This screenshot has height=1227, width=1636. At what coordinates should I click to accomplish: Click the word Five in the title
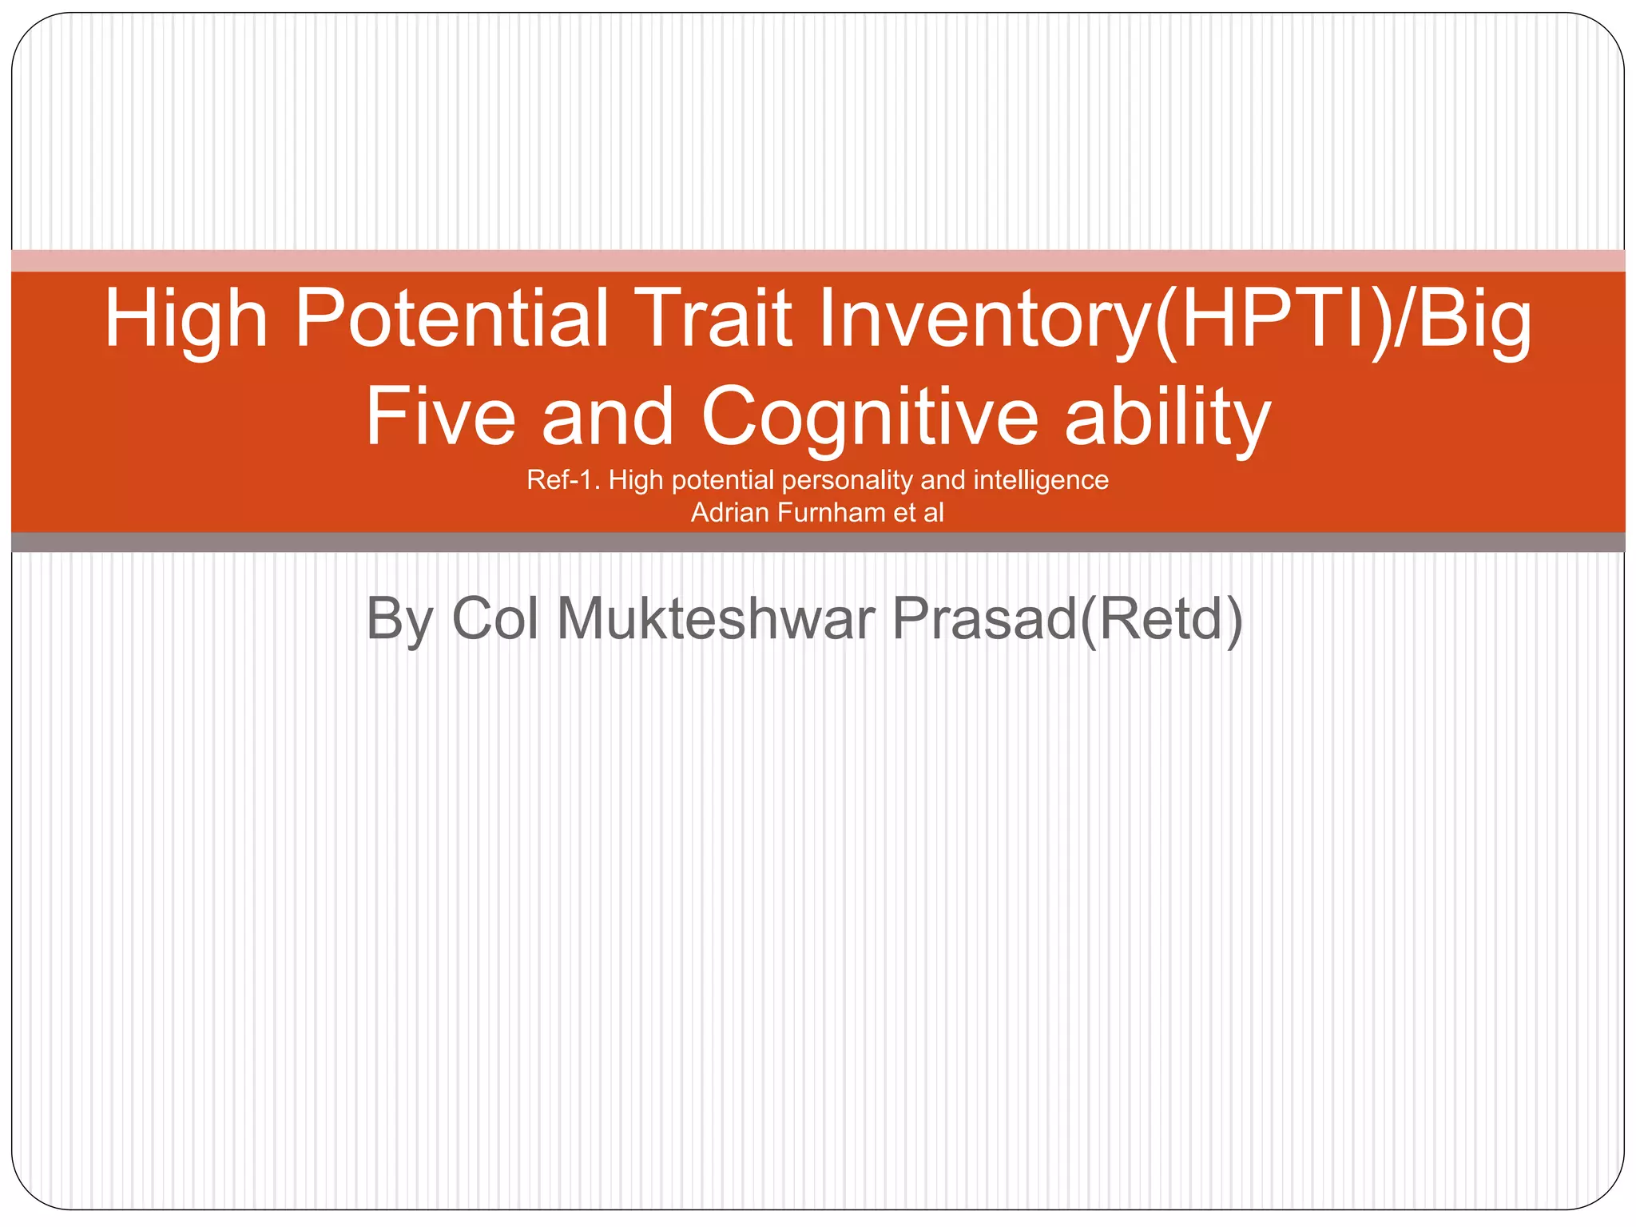point(440,416)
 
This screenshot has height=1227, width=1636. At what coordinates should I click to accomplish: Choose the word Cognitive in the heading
point(870,418)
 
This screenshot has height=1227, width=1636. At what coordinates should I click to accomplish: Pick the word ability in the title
point(1167,418)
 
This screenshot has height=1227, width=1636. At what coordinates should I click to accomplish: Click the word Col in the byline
point(495,618)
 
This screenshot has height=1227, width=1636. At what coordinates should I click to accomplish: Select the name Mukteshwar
point(716,618)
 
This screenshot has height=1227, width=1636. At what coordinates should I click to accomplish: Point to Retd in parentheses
point(1161,618)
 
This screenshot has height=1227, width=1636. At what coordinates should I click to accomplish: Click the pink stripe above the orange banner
point(818,260)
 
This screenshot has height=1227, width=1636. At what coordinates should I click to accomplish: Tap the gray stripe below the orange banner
point(818,542)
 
